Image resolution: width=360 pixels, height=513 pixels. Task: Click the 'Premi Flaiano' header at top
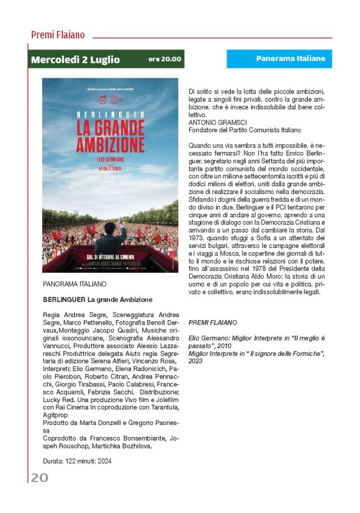[x=58, y=35]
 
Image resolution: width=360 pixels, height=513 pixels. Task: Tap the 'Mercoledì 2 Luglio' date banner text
[x=76, y=60]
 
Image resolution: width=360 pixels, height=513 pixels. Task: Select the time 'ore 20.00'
[x=164, y=60]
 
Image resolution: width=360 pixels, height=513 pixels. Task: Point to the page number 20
[x=40, y=477]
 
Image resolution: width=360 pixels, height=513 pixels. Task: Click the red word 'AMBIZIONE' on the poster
[x=110, y=144]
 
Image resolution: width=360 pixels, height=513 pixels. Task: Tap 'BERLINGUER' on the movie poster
[x=110, y=115]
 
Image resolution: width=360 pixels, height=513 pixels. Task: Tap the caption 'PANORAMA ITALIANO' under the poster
[x=74, y=284]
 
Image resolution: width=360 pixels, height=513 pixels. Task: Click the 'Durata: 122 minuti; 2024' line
[x=78, y=461]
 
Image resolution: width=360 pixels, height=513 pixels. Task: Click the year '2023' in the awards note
[x=196, y=361]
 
